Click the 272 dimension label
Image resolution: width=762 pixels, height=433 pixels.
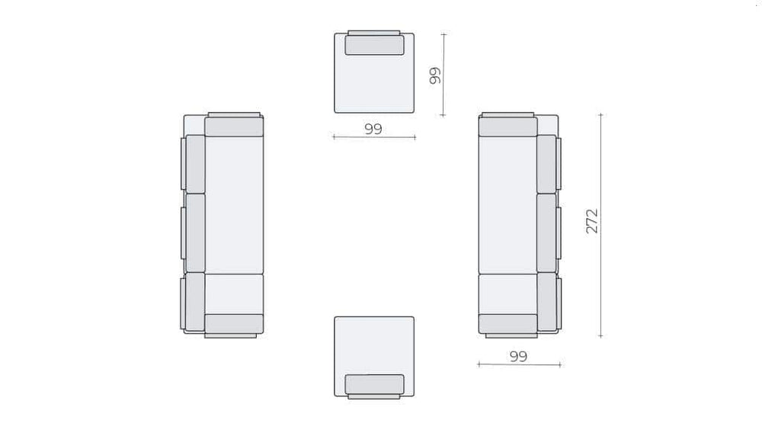tap(591, 221)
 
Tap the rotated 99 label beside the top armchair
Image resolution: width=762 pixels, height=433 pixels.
tap(435, 75)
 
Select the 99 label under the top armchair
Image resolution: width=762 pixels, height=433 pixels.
tap(373, 129)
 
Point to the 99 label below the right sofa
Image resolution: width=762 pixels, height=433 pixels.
tap(518, 356)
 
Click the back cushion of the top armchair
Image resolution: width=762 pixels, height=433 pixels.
tap(374, 45)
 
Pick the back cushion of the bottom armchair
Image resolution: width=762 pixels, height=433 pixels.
tap(374, 384)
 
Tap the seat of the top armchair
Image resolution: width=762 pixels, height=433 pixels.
tap(374, 82)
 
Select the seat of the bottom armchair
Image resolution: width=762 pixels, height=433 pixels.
tap(374, 346)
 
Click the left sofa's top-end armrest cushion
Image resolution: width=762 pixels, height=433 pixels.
tap(234, 127)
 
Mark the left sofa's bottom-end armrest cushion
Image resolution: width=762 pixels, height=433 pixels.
tap(234, 324)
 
